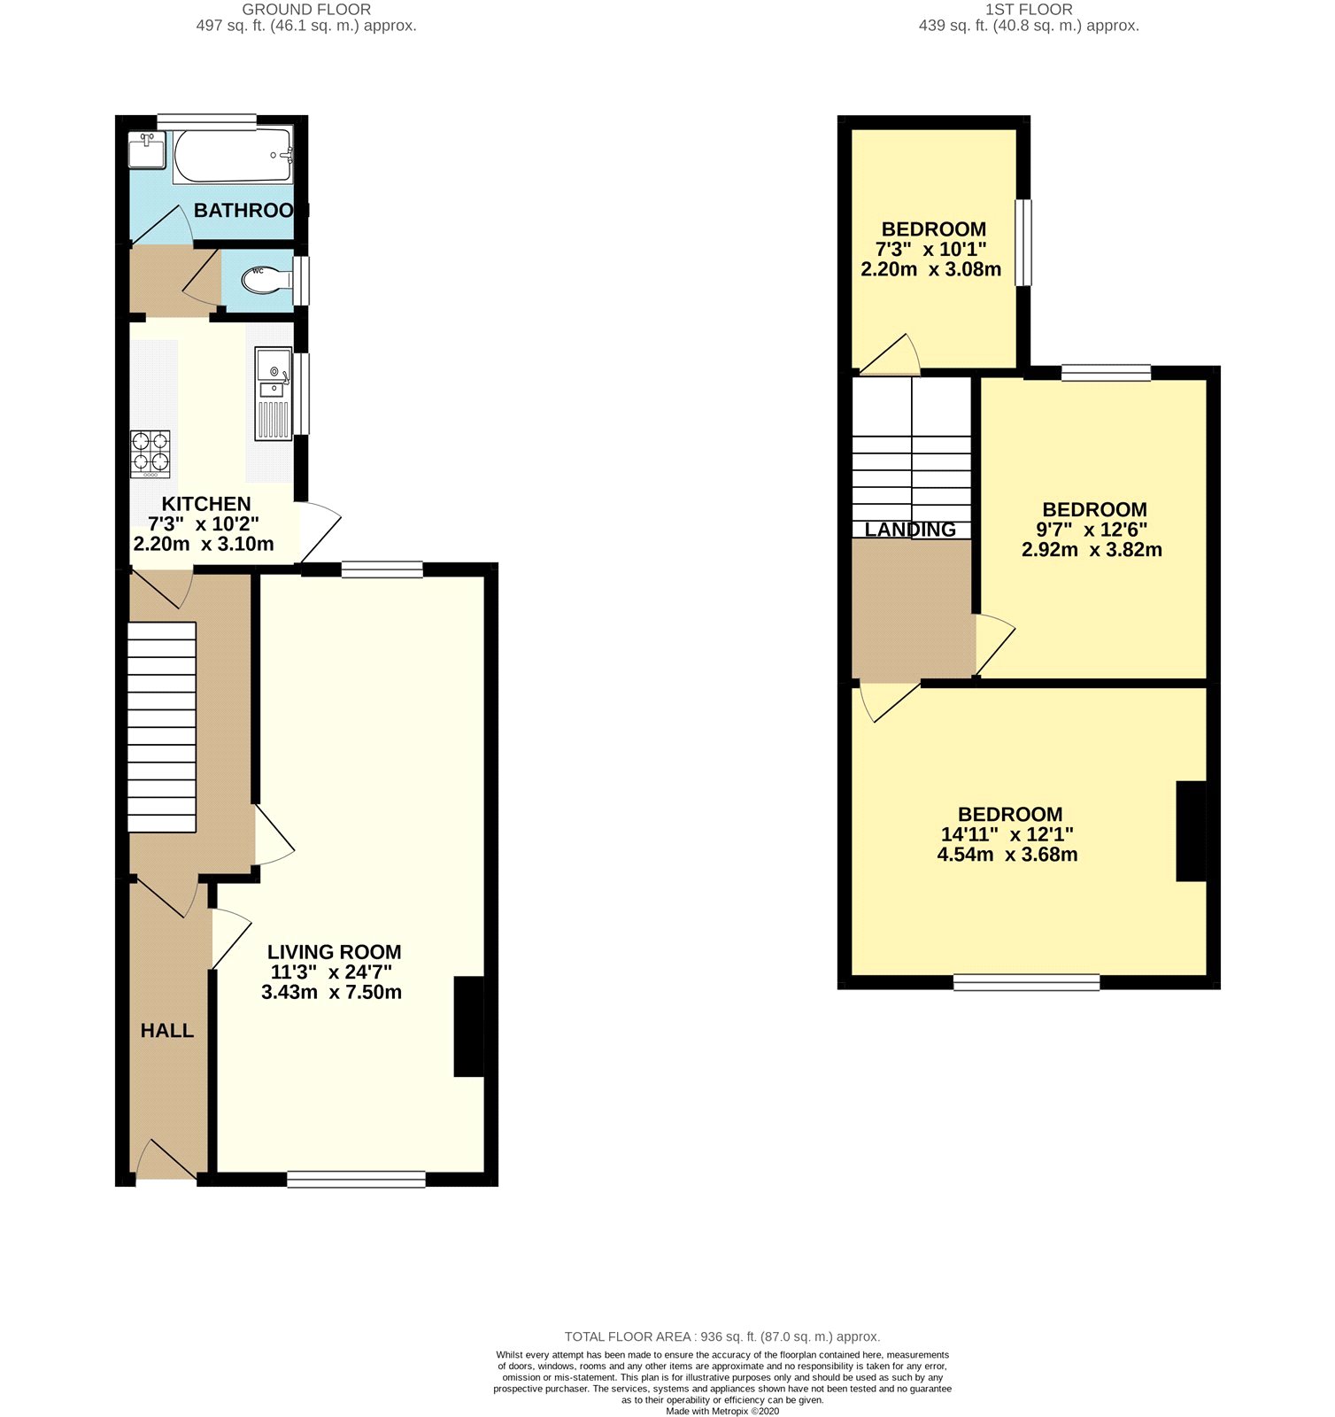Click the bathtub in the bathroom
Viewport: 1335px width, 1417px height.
tap(233, 157)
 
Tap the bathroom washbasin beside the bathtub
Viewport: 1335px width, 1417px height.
tap(146, 150)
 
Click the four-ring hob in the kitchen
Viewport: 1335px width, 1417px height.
tap(150, 453)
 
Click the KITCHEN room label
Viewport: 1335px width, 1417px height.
tap(206, 504)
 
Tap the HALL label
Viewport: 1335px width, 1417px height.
tap(167, 1031)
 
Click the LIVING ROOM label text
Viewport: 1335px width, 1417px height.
tap(335, 952)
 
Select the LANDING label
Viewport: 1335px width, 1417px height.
tap(910, 530)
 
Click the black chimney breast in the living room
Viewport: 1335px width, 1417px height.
tap(469, 1026)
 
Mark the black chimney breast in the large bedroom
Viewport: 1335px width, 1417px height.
tap(1192, 831)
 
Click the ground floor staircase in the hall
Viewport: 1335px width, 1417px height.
tap(162, 727)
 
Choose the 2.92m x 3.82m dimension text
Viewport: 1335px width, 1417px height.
tap(1092, 550)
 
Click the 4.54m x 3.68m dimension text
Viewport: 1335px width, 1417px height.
tap(1007, 855)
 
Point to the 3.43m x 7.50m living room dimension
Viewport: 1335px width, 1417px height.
tap(332, 992)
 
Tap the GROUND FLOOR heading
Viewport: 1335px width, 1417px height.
tap(306, 10)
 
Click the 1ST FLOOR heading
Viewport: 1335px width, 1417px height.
tap(1029, 10)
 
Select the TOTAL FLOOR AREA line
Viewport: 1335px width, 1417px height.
tap(722, 1336)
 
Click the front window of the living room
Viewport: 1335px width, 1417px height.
tap(356, 1179)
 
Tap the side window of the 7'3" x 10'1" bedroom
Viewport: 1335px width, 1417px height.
tap(1023, 243)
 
